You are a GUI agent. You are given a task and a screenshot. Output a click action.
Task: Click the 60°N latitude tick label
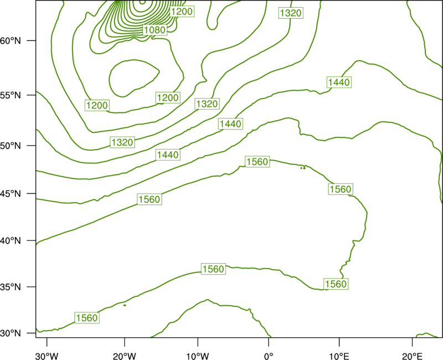click(x=11, y=40)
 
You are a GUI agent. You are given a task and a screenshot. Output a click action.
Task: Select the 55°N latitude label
click(x=11, y=95)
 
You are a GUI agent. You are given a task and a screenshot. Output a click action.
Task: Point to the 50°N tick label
click(x=11, y=146)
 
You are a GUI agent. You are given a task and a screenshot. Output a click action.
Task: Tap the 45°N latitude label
click(x=11, y=193)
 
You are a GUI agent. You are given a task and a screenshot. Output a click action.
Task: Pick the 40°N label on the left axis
click(x=11, y=241)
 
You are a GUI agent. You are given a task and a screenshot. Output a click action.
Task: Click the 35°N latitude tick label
click(x=11, y=287)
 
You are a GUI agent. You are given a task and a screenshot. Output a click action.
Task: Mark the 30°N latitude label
click(x=11, y=333)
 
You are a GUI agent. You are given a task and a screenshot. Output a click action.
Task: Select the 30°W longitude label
click(x=47, y=356)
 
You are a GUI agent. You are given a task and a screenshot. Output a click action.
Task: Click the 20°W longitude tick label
click(x=124, y=356)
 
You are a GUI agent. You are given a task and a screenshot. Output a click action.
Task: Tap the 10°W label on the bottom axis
click(x=198, y=356)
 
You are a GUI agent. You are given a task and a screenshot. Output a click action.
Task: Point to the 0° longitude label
click(x=269, y=356)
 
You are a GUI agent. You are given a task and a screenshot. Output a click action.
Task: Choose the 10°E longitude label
click(x=339, y=356)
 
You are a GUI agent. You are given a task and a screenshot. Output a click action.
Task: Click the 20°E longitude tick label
click(x=412, y=356)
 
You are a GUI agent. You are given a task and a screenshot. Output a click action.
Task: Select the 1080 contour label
click(x=155, y=30)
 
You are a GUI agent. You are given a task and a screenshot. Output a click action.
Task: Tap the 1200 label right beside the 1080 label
click(x=182, y=11)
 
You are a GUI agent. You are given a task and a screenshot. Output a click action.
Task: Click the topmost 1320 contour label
click(x=291, y=13)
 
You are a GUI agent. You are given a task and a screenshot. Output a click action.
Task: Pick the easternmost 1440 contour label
click(x=339, y=82)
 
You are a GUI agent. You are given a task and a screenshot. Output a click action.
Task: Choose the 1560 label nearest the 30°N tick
click(x=87, y=318)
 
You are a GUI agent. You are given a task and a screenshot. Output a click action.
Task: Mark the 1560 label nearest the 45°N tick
click(x=150, y=199)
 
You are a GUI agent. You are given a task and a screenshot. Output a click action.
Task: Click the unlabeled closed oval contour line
click(x=109, y=78)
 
